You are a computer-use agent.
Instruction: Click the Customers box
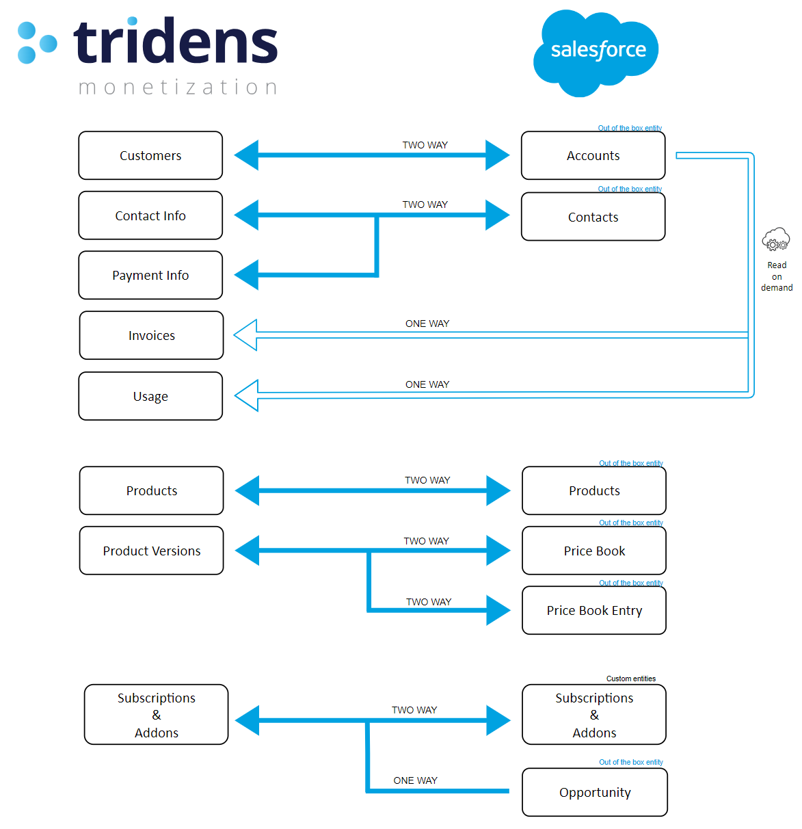tap(150, 155)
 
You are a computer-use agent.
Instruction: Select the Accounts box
tap(593, 155)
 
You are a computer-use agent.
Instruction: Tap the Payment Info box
tap(150, 275)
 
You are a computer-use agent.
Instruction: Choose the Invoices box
tap(151, 335)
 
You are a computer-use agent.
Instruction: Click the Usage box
tap(150, 396)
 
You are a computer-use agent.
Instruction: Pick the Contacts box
tap(593, 217)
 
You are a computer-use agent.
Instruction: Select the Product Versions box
tap(151, 551)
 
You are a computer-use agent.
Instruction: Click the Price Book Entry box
tap(594, 610)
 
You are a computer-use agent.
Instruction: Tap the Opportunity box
tap(594, 792)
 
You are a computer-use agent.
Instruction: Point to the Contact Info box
tap(150, 215)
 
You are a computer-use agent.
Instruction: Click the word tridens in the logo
tap(176, 42)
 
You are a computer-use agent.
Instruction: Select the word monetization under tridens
tap(178, 87)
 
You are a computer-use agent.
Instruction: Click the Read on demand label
tap(777, 276)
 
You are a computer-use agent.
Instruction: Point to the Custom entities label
tap(630, 679)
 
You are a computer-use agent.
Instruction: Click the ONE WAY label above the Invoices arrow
tap(427, 324)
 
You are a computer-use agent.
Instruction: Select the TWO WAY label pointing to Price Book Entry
tap(429, 602)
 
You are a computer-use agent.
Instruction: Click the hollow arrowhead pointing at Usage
tap(246, 395)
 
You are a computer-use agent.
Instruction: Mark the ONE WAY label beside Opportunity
tap(415, 780)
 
